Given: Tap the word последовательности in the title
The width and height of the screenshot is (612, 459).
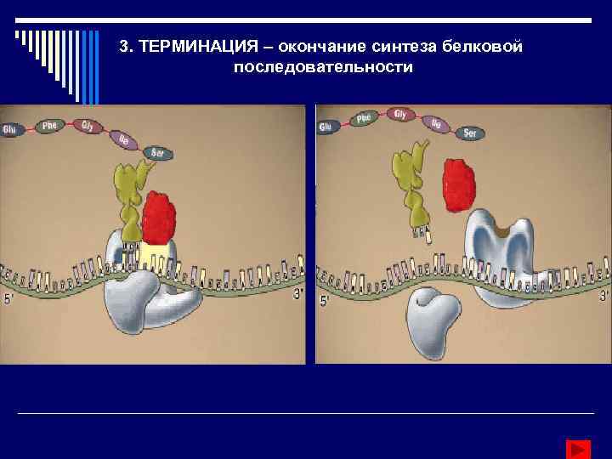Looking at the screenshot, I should click(322, 66).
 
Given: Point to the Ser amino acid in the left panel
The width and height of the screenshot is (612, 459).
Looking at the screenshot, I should click(157, 152).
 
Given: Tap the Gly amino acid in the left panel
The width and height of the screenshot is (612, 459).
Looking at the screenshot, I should click(88, 125).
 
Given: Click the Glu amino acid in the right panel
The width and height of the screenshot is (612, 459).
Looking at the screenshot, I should click(325, 127).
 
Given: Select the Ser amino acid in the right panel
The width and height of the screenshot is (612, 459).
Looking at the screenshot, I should click(467, 133).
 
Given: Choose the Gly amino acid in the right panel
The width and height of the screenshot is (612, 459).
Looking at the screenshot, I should click(399, 113).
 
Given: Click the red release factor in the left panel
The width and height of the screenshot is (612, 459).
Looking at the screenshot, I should click(158, 217).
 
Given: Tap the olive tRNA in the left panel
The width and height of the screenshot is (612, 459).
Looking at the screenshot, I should click(131, 200).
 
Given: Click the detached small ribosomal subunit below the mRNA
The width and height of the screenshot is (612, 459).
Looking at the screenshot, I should click(434, 319).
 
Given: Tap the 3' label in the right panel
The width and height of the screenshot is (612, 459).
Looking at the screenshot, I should click(603, 296).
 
